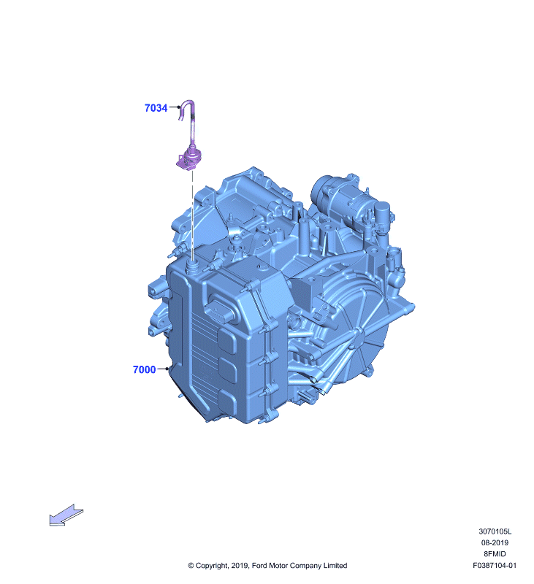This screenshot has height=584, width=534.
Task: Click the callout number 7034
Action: click(x=156, y=108)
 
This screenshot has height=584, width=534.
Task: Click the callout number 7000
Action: click(x=144, y=369)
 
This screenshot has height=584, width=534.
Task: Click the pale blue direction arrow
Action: click(x=66, y=515)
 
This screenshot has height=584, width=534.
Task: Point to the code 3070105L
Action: click(x=495, y=531)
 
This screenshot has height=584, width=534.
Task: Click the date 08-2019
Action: click(x=495, y=542)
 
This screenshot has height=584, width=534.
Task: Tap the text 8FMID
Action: click(x=495, y=554)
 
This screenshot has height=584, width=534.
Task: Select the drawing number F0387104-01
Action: click(x=495, y=565)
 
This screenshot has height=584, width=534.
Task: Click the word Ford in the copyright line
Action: click(x=259, y=566)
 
